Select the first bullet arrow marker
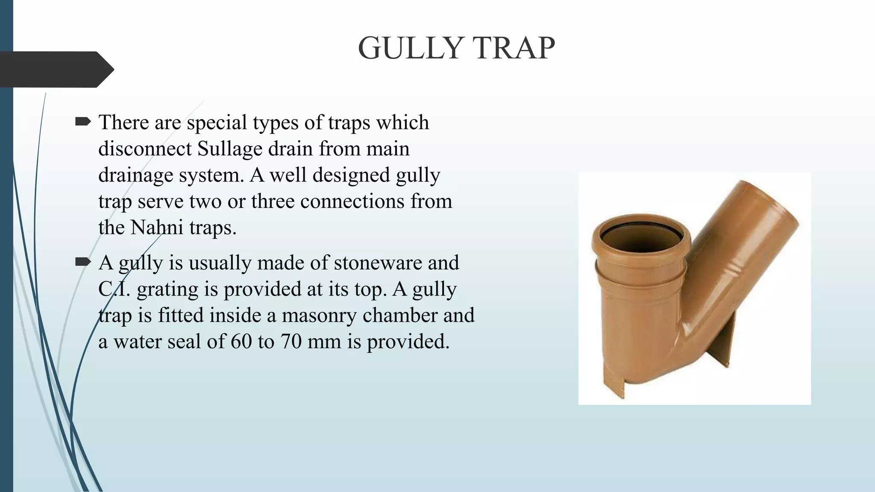pos(83,122)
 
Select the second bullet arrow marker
pos(83,262)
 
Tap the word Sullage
pos(230,149)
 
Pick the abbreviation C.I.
pos(114,289)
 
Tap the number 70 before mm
pos(291,342)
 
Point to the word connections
pos(352,202)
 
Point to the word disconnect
pos(145,149)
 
